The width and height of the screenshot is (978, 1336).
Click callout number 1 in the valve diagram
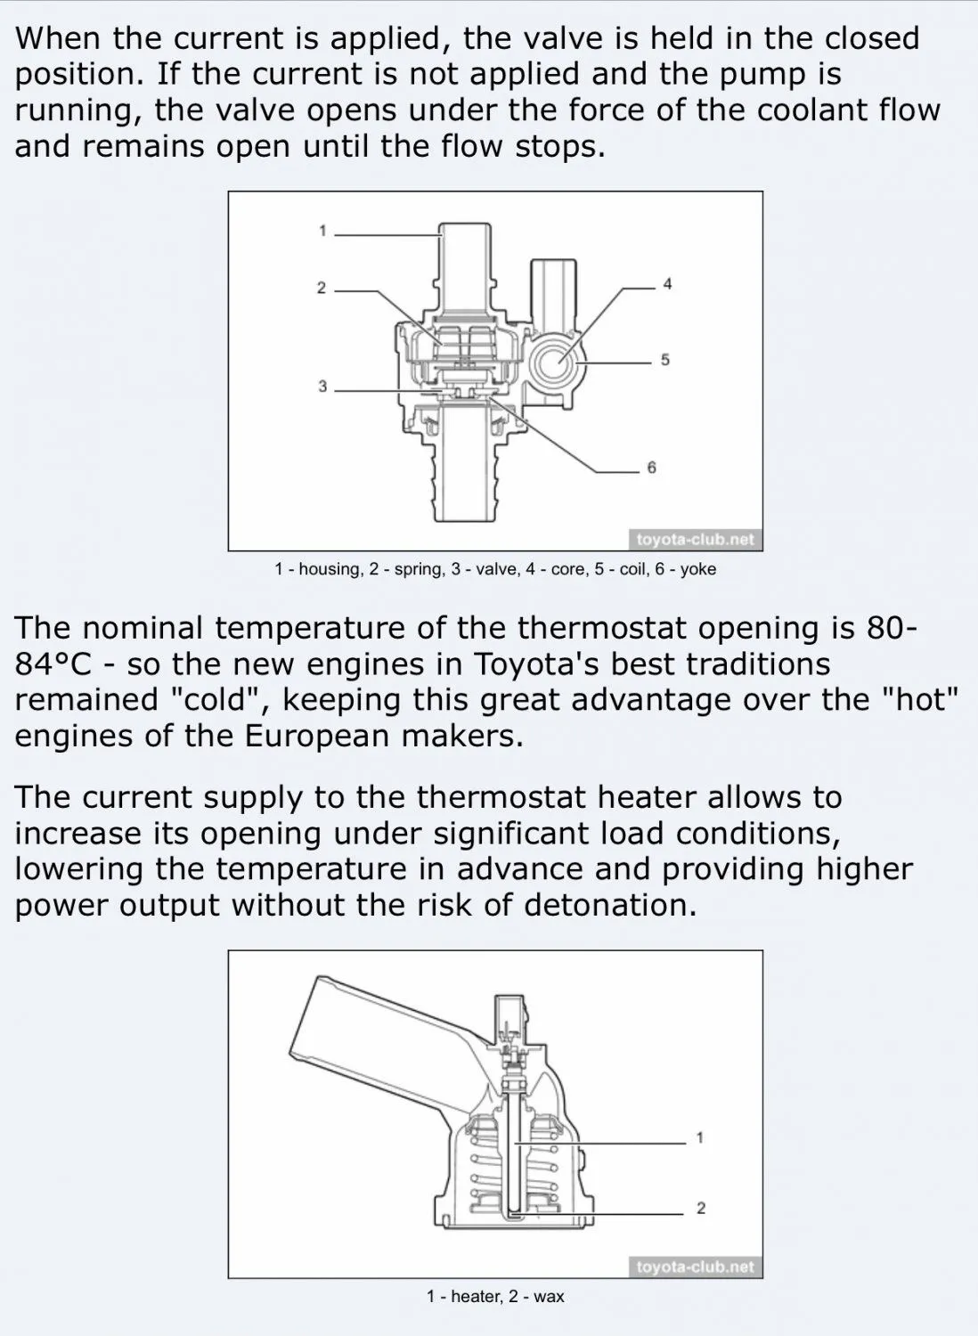tap(322, 232)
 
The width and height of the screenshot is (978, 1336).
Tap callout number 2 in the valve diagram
tap(322, 289)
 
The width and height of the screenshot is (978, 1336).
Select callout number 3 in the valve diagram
tap(322, 387)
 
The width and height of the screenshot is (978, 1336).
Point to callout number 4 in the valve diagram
tap(667, 285)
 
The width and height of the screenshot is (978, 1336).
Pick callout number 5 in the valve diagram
tap(665, 361)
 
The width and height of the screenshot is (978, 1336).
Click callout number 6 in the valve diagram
tap(651, 468)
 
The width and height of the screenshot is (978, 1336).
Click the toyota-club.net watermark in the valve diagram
tap(696, 540)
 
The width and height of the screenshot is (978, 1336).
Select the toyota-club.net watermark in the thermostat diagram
tap(696, 1267)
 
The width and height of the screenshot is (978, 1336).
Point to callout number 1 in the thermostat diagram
tap(699, 1137)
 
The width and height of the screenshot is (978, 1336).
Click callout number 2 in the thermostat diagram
tap(700, 1209)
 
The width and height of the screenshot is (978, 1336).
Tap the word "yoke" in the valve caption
tap(698, 569)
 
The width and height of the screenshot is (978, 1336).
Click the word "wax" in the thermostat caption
tap(549, 1297)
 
